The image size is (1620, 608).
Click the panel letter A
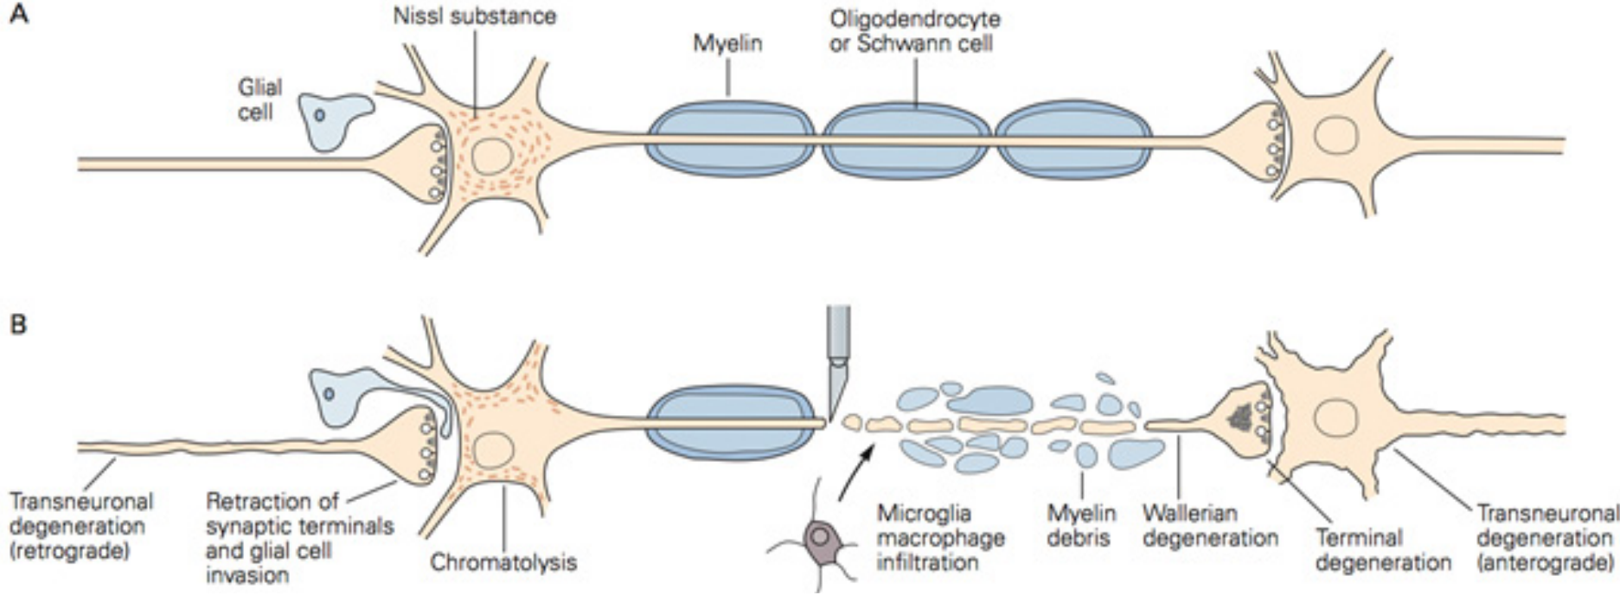click(x=18, y=15)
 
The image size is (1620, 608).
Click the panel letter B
click(x=18, y=325)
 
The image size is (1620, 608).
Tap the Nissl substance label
click(x=475, y=16)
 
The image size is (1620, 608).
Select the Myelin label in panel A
click(x=727, y=43)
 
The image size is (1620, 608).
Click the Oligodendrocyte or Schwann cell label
click(x=914, y=31)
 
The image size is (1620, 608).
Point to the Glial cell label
click(x=259, y=99)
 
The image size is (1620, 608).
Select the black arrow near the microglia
click(x=856, y=471)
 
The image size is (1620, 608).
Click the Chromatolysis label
click(x=503, y=562)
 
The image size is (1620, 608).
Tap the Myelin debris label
click(x=1081, y=525)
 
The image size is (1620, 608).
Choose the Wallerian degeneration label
click(x=1209, y=525)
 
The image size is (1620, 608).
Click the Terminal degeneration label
click(x=1383, y=550)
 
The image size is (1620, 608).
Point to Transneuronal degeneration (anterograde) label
click(x=1546, y=538)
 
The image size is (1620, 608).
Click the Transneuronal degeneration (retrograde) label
click(x=80, y=525)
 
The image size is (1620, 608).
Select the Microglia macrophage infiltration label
click(x=940, y=537)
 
